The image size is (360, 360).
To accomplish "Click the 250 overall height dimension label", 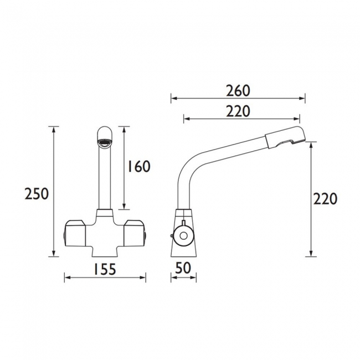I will [37, 193].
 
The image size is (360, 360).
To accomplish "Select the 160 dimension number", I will [138, 167].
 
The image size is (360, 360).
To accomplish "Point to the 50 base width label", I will [183, 268].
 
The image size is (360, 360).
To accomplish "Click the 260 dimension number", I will [238, 90].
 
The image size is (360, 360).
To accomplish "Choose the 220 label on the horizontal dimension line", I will [238, 111].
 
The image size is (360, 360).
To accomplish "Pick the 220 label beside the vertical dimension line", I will [325, 199].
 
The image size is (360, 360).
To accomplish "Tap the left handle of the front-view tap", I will [77, 232].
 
